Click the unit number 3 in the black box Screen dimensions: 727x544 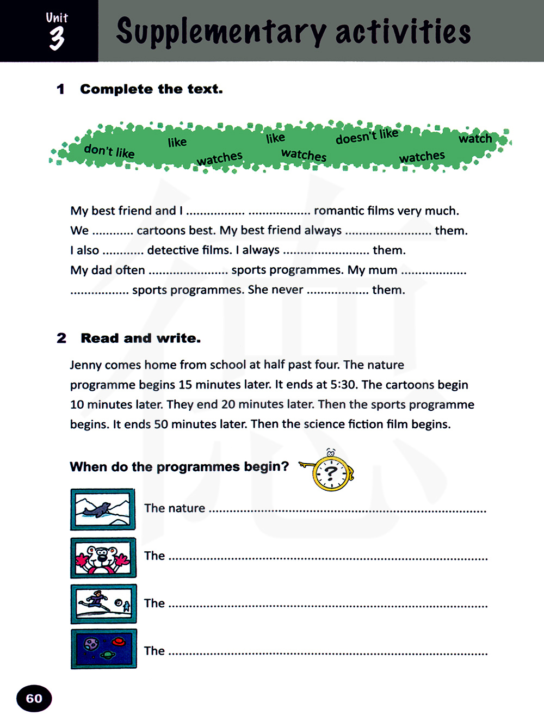tap(57, 39)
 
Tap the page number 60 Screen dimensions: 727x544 tap(34, 698)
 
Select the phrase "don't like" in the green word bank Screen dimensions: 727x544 tap(109, 151)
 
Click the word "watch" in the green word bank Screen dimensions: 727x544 tap(475, 139)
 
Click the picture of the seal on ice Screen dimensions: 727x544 tap(103, 509)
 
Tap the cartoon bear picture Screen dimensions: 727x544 tap(103, 557)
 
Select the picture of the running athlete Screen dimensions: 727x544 tap(103, 603)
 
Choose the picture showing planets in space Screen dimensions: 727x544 tap(103, 649)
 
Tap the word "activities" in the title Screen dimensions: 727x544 tap(403, 32)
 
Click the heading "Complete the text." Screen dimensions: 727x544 tap(151, 89)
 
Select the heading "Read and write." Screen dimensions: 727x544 tap(140, 338)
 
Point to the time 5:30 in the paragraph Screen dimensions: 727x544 tap(343, 385)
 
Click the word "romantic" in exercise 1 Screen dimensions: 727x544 tap(339, 211)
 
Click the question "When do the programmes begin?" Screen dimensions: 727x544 tap(179, 467)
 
